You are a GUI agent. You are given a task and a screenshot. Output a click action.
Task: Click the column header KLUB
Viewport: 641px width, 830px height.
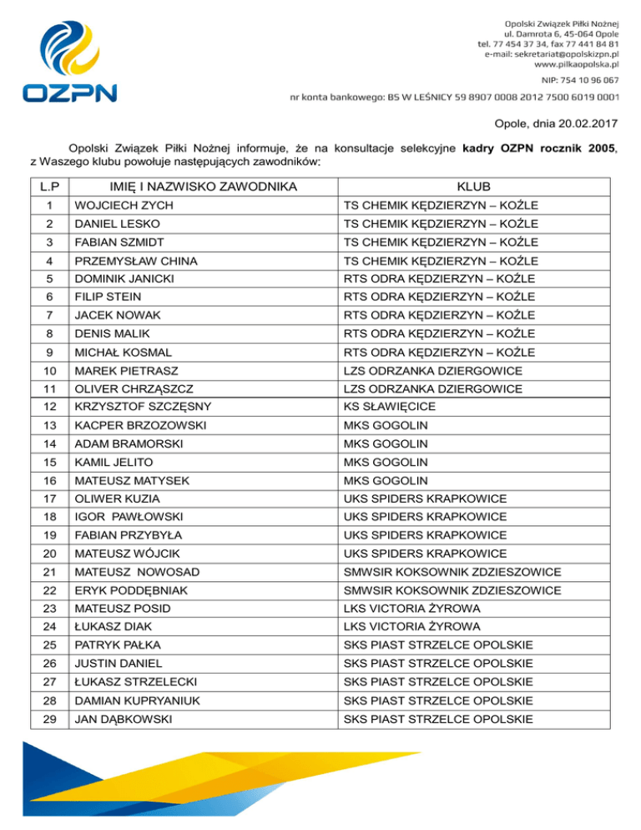473,186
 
